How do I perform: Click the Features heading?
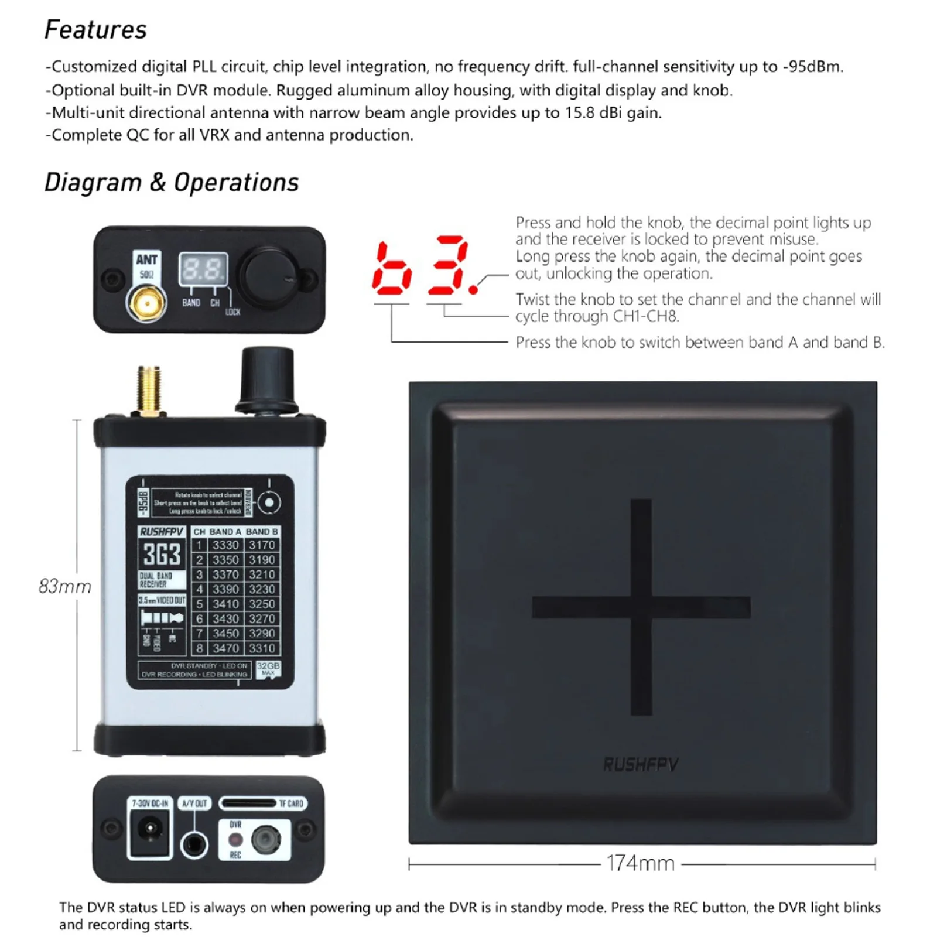(95, 30)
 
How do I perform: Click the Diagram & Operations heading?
(172, 183)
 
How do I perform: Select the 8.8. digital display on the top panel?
(203, 270)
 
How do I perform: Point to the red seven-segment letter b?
(392, 269)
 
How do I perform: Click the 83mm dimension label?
(65, 586)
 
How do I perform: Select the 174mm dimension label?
(641, 863)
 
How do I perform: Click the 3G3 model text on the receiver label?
(162, 554)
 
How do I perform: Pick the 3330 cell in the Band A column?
(225, 545)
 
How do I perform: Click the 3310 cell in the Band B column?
(262, 648)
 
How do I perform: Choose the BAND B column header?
(262, 532)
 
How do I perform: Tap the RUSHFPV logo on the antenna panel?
(641, 764)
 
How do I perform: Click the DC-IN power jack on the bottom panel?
(151, 830)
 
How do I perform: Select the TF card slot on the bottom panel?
(248, 803)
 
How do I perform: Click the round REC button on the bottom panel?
(265, 839)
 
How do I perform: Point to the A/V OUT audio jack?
(194, 844)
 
